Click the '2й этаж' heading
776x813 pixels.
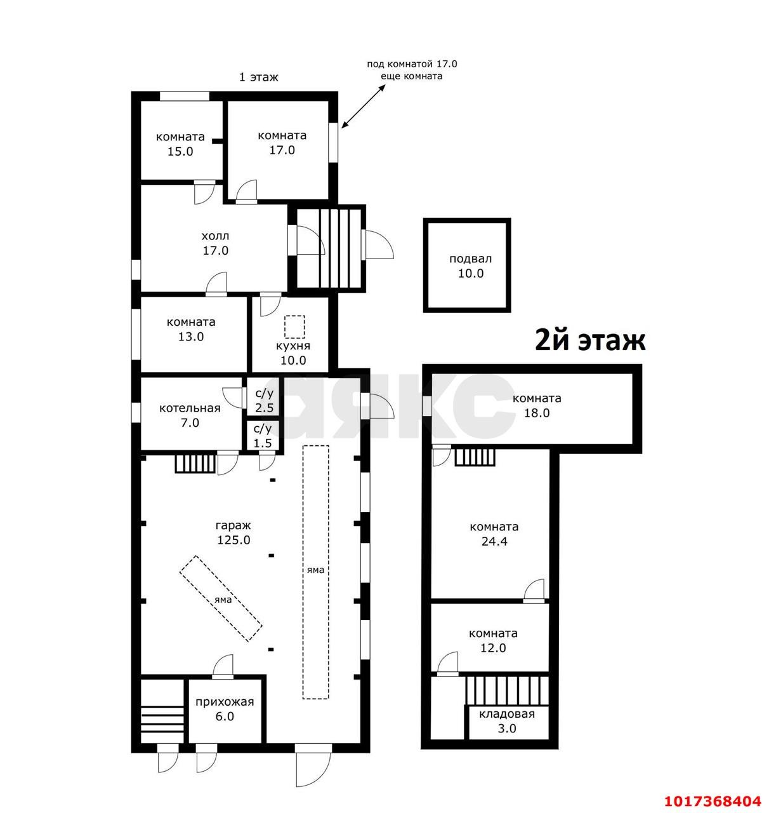590,340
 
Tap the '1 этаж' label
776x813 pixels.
258,77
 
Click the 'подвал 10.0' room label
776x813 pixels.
470,265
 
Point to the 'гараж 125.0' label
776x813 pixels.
233,533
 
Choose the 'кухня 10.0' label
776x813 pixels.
293,353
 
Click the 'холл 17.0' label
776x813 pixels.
215,243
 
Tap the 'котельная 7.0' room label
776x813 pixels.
190,415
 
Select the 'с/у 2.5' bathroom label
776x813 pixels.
264,400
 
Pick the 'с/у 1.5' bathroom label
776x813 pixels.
263,435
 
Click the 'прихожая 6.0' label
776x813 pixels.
225,709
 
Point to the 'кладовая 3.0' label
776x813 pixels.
507,721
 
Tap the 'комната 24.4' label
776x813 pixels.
494,534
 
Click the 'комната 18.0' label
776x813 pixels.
537,406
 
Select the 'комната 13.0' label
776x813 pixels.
191,329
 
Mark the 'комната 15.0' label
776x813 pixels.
180,144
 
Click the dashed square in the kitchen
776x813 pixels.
294,326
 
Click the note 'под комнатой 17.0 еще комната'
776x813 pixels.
412,71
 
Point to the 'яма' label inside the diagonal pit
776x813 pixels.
223,600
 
